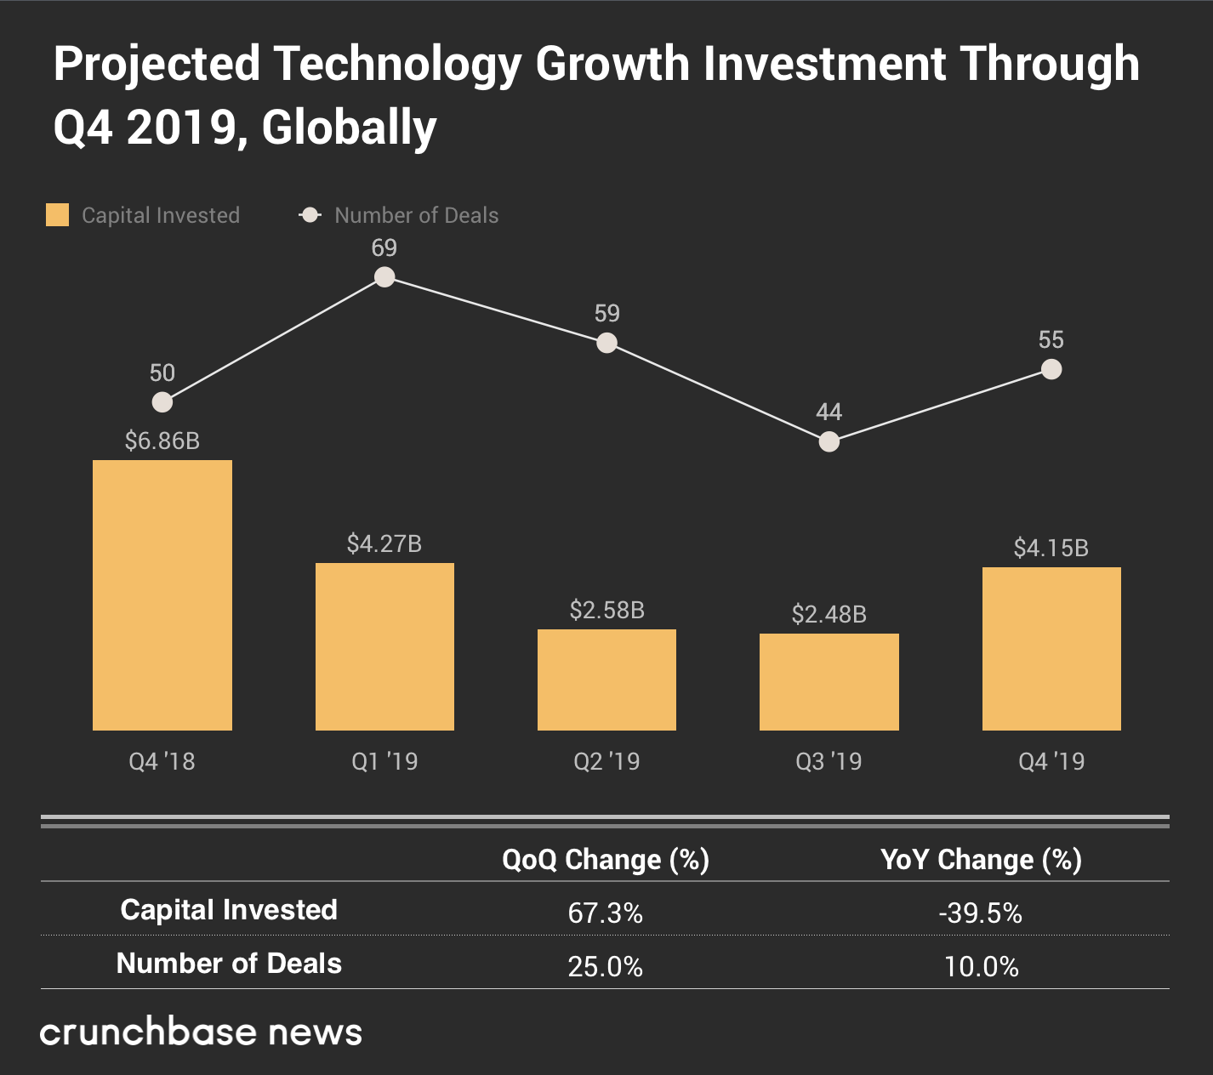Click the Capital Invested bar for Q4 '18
[162, 594]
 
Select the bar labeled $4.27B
[384, 646]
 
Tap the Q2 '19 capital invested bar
[606, 680]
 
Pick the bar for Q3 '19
[829, 681]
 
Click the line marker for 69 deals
[384, 277]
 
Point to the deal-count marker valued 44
[829, 442]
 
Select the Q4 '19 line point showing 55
[1051, 369]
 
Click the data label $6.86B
[162, 441]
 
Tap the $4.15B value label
[1051, 548]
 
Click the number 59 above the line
[606, 313]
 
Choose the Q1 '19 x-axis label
[384, 761]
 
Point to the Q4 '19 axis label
[1051, 761]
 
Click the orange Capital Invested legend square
[57, 215]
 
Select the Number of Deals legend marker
[310, 215]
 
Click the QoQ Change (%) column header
[606, 860]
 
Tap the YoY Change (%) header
[981, 860]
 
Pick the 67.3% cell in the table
[606, 913]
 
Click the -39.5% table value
[981, 913]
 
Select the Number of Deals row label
[229, 964]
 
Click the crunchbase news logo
[202, 1032]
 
